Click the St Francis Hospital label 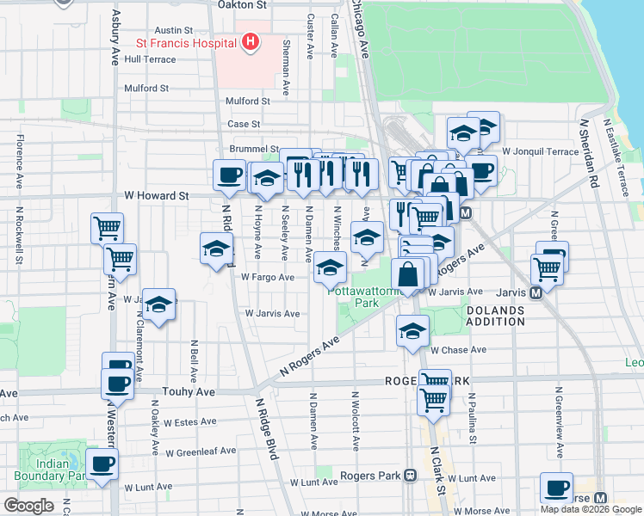coord(185,42)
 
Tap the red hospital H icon coord(251,41)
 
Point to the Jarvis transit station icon coord(536,292)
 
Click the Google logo coord(28,506)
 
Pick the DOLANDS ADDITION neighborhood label coord(494,316)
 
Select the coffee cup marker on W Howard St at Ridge coord(230,175)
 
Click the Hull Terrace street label coord(150,59)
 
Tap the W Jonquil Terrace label coord(541,151)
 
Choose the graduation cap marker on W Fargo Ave coord(329,267)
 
